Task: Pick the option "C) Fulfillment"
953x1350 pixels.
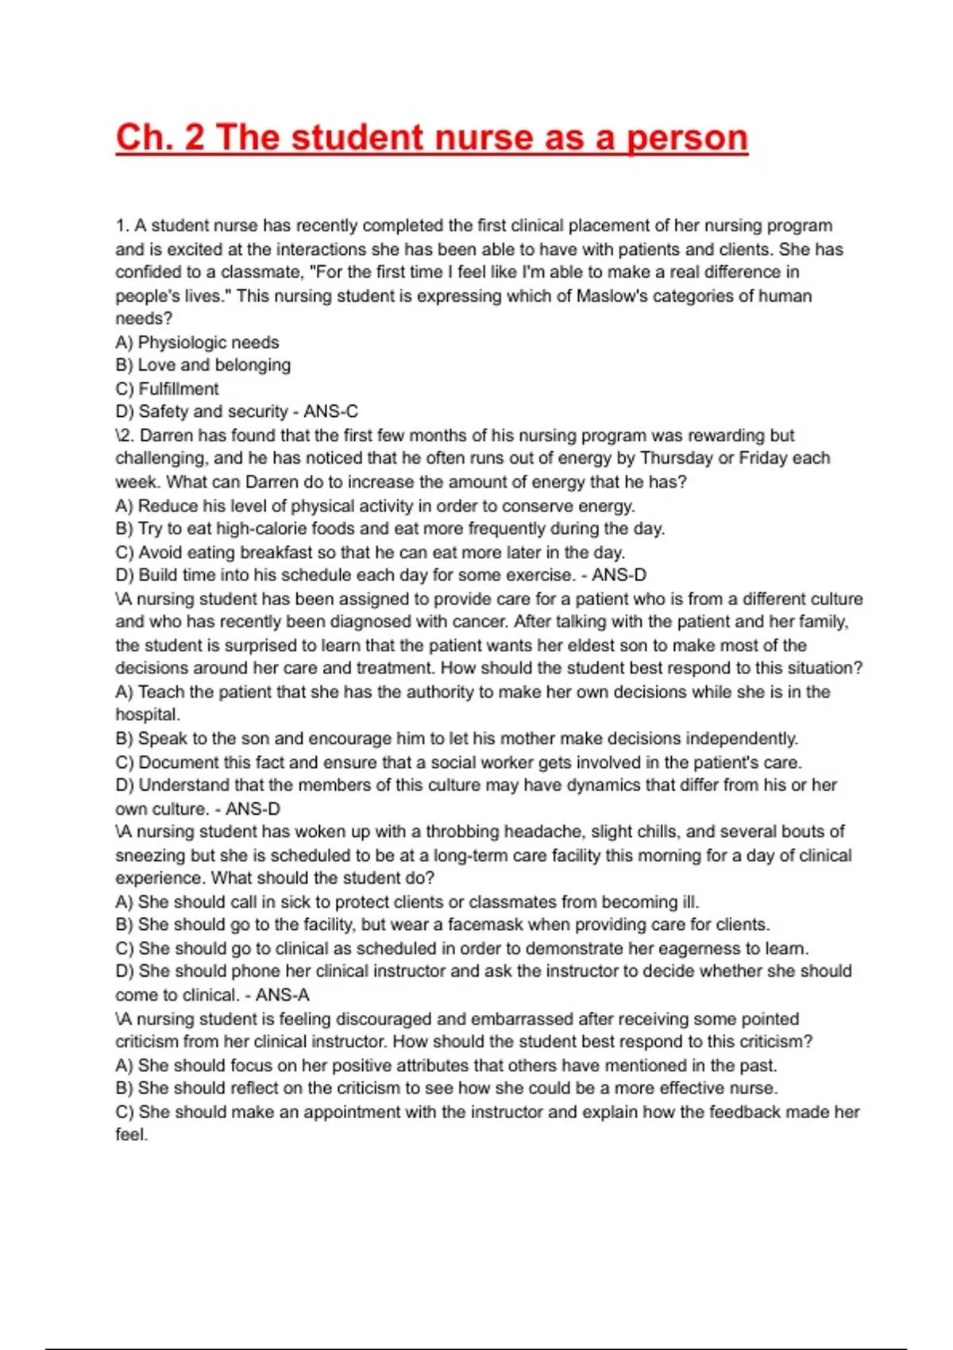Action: click(167, 389)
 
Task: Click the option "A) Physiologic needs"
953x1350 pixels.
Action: click(197, 342)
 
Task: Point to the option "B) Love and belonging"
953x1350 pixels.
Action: click(203, 365)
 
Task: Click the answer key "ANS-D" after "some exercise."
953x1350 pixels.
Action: click(619, 575)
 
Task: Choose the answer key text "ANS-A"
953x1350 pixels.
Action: click(283, 995)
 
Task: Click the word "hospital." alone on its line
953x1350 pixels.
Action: click(148, 715)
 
